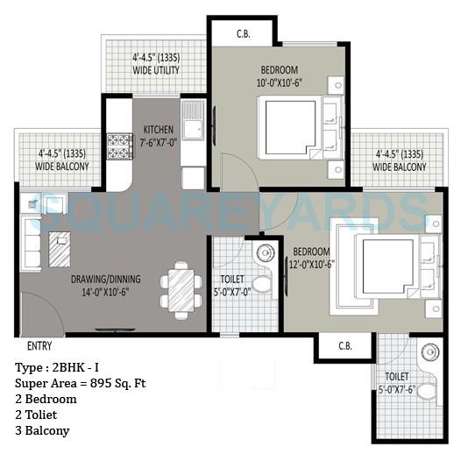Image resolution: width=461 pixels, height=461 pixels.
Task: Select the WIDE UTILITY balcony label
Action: click(x=155, y=67)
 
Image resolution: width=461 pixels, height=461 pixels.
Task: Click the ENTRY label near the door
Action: click(x=39, y=345)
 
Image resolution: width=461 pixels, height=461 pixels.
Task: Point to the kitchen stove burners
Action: click(x=118, y=145)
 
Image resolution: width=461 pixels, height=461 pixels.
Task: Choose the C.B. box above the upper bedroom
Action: click(x=244, y=35)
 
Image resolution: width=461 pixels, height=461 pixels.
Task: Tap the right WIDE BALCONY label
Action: click(x=399, y=160)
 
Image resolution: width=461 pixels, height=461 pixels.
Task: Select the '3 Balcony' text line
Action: click(x=43, y=430)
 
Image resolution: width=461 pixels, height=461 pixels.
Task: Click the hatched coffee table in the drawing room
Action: click(x=60, y=251)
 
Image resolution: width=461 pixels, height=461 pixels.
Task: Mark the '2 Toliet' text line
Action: click(x=40, y=415)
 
